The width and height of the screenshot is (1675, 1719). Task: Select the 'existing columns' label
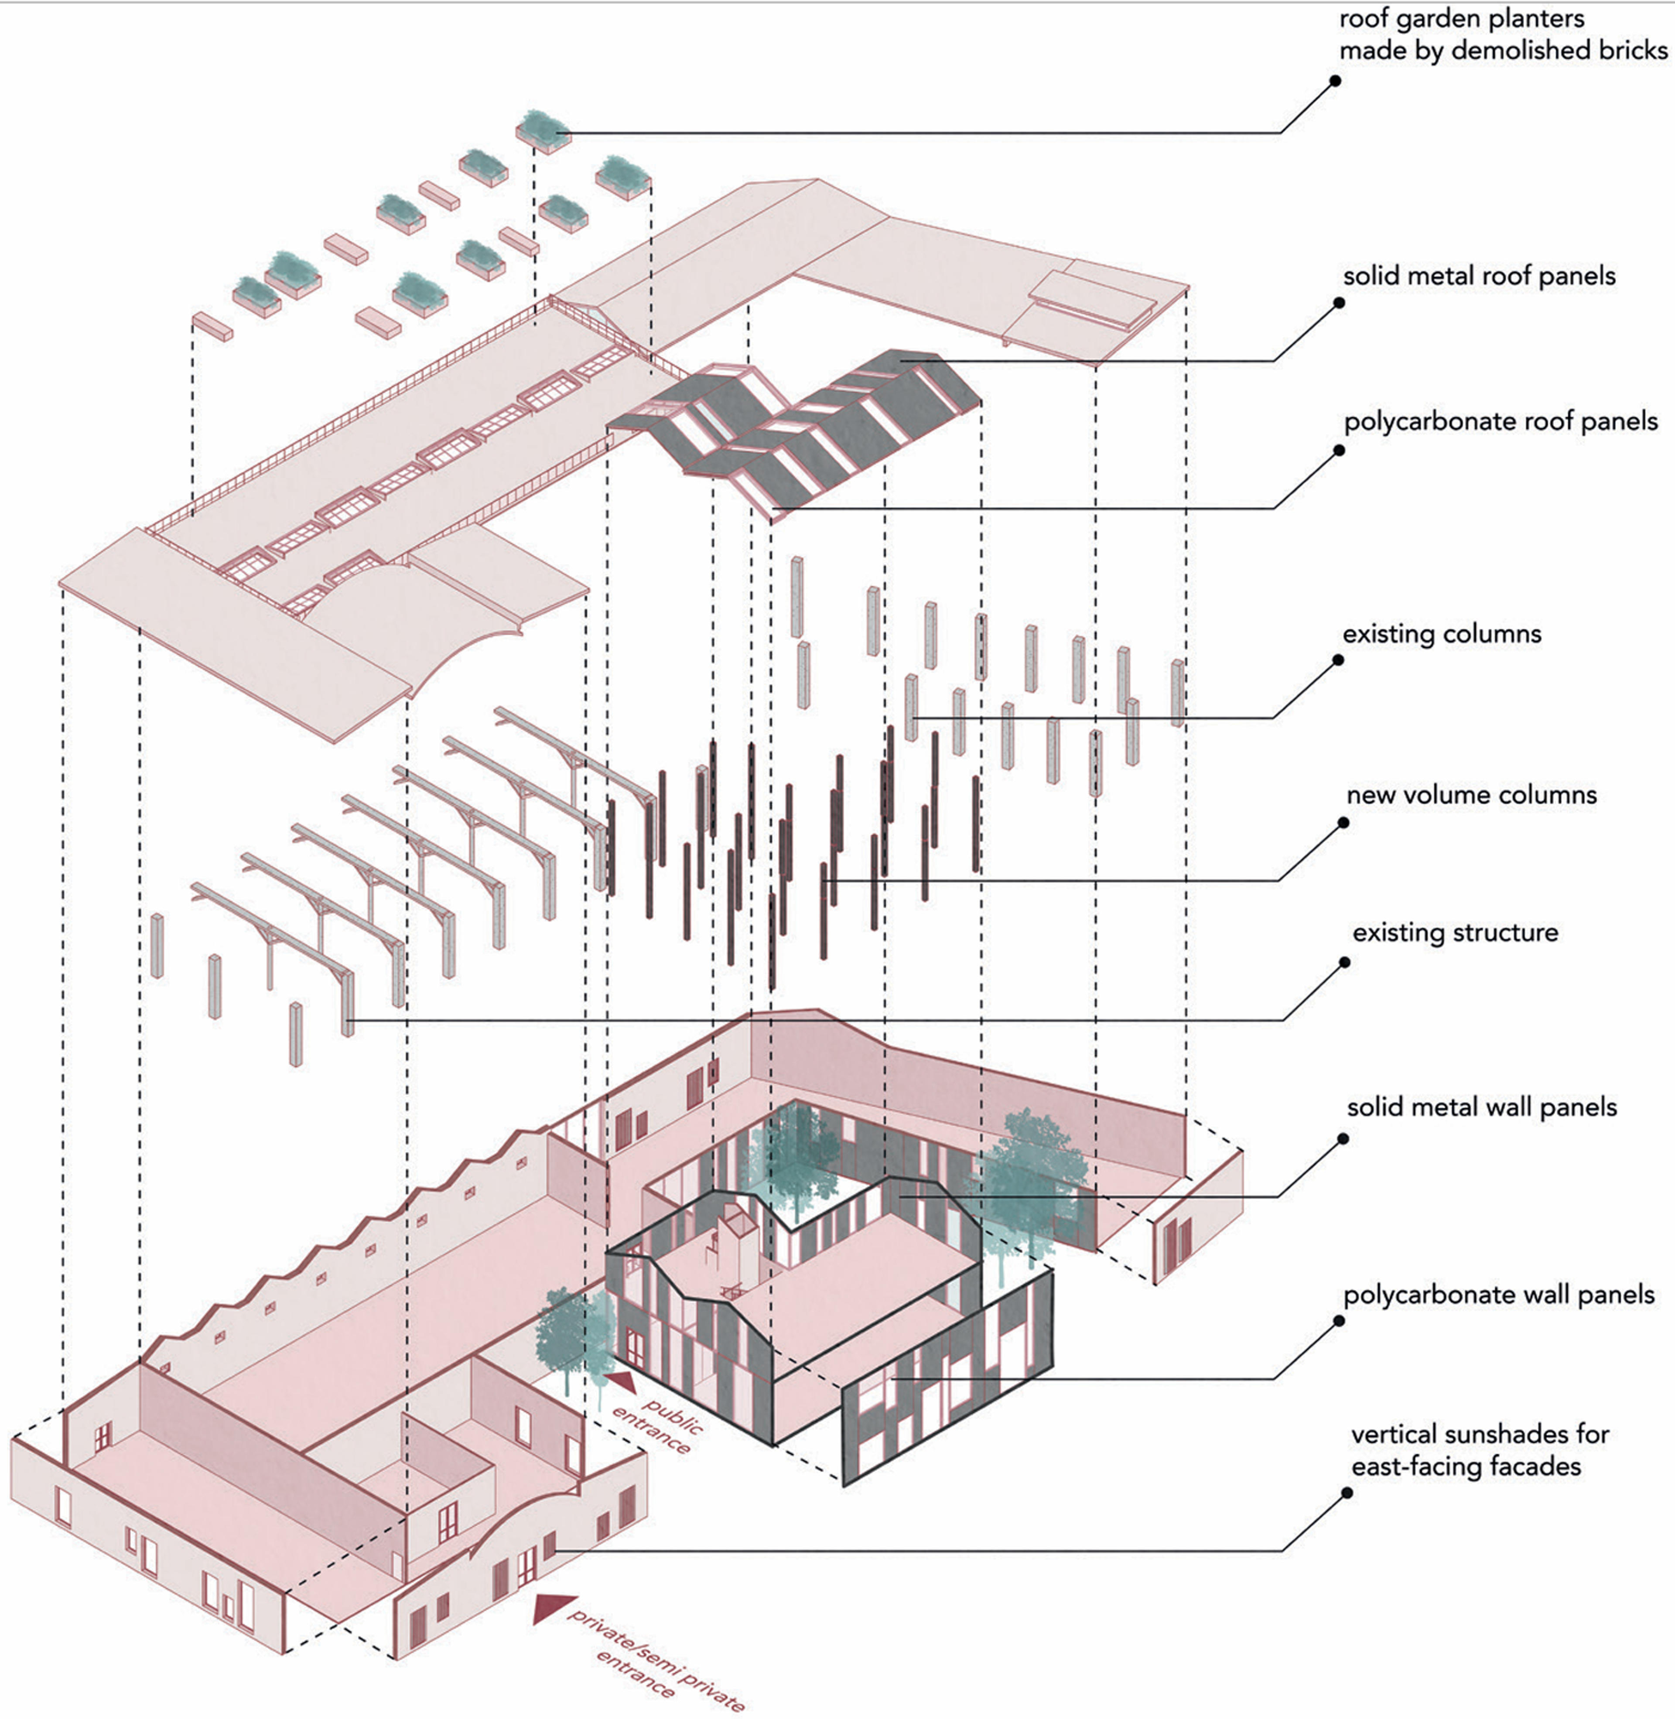point(1442,634)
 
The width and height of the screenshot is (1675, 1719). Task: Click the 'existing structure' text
point(1455,933)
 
